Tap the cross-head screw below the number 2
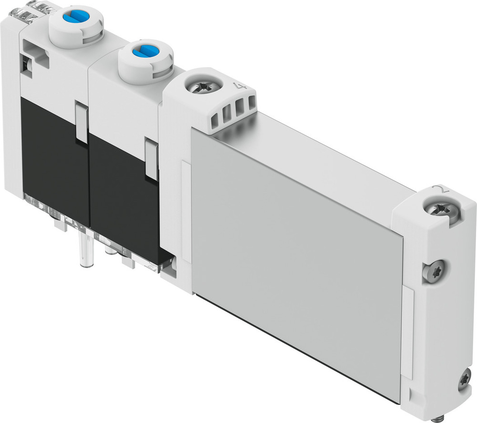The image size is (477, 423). pos(443,209)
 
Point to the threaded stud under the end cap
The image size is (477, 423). pos(437,418)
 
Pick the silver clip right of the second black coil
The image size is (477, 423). pos(152,160)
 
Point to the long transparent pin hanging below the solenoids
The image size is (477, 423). pos(86,250)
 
